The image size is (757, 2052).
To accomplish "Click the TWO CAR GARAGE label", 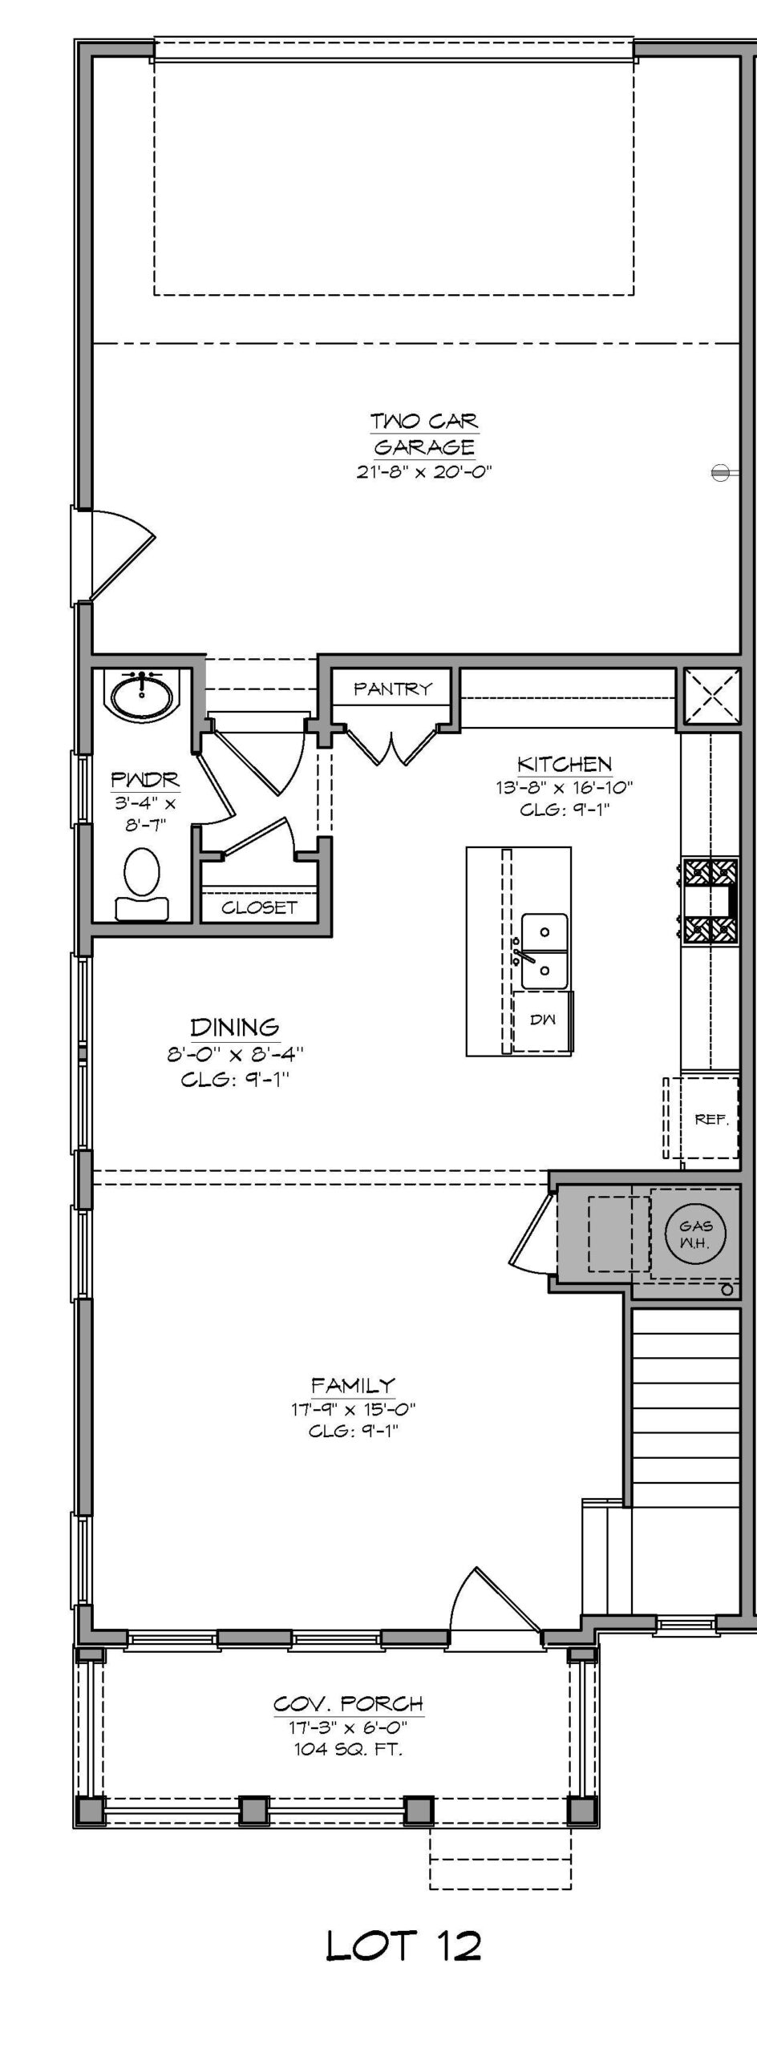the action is click(x=424, y=434).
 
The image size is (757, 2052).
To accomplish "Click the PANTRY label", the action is click(x=393, y=689).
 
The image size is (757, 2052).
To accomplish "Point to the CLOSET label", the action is click(x=259, y=907).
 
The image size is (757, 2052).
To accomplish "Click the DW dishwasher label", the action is click(x=543, y=1020).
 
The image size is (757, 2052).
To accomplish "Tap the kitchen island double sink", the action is click(x=544, y=951).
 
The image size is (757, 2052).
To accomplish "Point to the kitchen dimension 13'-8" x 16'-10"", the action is click(x=565, y=787).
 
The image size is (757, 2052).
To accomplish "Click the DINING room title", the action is click(x=235, y=1027).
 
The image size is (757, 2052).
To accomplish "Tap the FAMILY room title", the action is click(x=354, y=1384).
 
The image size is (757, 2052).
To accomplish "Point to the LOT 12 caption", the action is click(x=404, y=1945).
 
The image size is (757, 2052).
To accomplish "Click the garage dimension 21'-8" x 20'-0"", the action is click(x=424, y=471).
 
